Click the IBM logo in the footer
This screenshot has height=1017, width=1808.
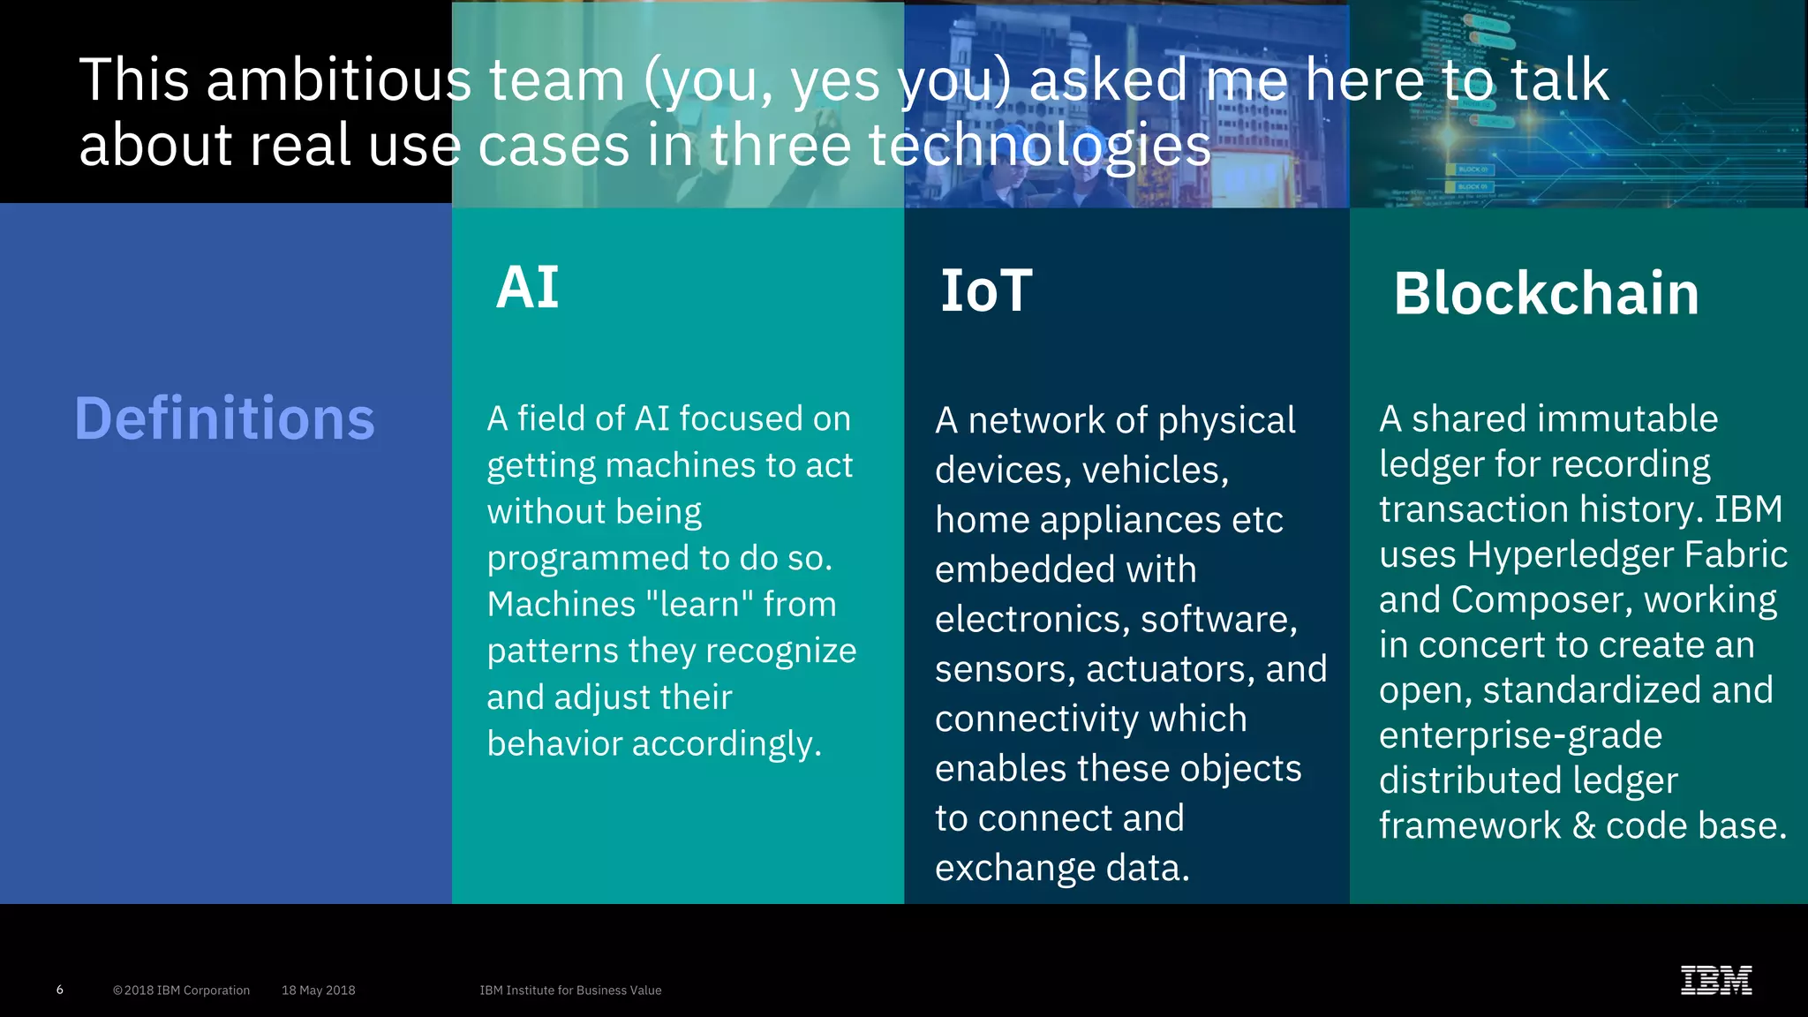pyautogui.click(x=1715, y=981)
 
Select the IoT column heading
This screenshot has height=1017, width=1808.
pyautogui.click(x=985, y=291)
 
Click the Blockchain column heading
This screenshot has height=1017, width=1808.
pyautogui.click(x=1546, y=294)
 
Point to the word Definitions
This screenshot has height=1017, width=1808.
pyautogui.click(x=224, y=418)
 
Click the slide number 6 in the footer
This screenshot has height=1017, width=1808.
pyautogui.click(x=60, y=990)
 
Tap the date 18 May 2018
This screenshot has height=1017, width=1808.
pyautogui.click(x=318, y=991)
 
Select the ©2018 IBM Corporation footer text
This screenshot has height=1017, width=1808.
pyautogui.click(x=181, y=991)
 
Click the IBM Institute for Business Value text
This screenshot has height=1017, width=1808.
pyautogui.click(x=570, y=991)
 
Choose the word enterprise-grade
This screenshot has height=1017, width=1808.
pyautogui.click(x=1520, y=735)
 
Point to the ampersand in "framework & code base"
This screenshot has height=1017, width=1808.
pyautogui.click(x=1583, y=826)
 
